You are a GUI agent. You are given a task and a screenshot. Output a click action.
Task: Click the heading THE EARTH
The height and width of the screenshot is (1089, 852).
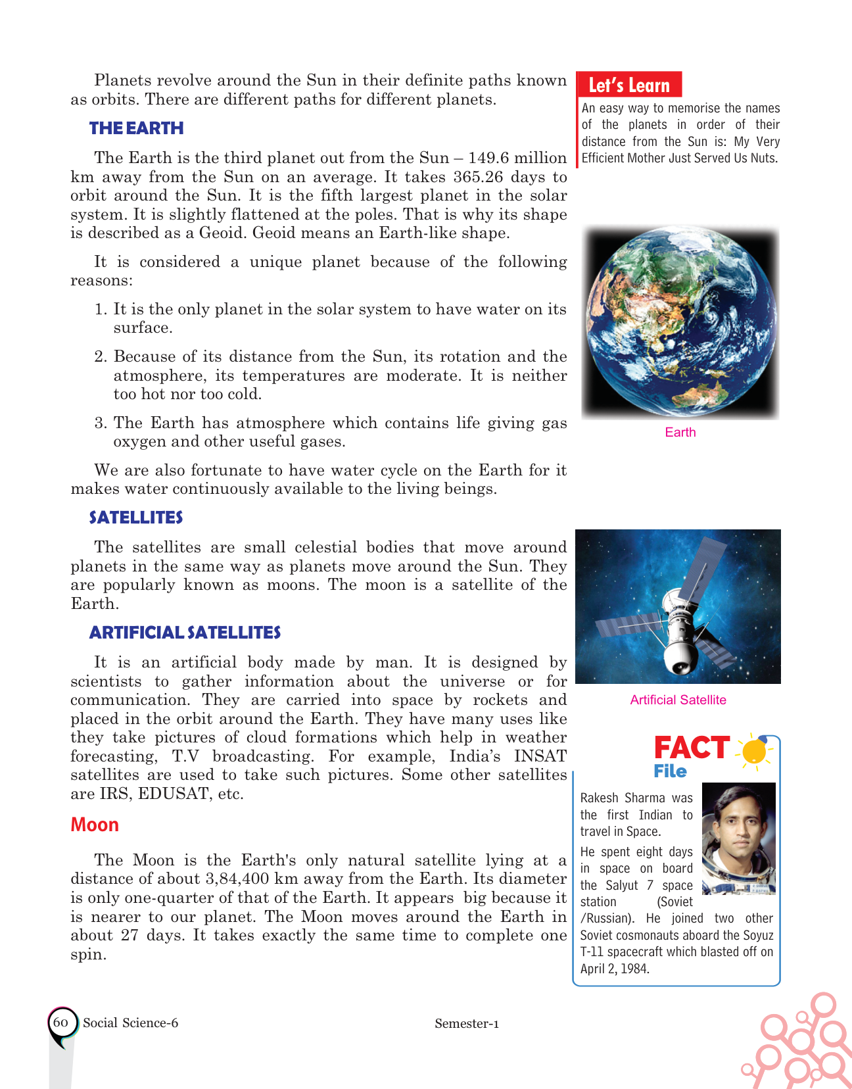pos(136,128)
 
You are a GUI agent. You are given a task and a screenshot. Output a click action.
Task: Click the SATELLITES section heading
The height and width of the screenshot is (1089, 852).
pos(136,518)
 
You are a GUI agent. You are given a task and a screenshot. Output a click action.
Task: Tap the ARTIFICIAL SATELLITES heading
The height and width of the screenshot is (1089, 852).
pos(185,633)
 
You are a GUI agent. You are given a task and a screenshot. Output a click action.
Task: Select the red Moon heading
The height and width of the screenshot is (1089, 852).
pos(95,825)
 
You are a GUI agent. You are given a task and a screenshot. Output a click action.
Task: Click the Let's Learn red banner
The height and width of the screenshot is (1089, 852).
pos(628,85)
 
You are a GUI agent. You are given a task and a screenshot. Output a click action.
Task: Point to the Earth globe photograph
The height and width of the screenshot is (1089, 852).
pos(680,322)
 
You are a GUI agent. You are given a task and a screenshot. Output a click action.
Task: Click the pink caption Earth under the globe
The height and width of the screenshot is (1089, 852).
pos(680,432)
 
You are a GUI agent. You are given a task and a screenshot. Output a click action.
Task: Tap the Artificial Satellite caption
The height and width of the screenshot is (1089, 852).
pos(678,700)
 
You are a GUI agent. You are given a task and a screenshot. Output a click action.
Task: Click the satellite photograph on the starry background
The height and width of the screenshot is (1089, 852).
pos(678,606)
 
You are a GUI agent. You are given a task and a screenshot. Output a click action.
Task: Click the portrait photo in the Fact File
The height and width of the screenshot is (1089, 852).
pos(738,838)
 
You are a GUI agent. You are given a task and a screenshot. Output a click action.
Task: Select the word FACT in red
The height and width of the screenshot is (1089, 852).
pos(692,748)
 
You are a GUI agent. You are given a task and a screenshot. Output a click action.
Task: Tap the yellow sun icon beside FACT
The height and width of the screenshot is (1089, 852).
pos(755,750)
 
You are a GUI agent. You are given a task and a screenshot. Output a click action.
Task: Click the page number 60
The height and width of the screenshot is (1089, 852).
pos(60,1022)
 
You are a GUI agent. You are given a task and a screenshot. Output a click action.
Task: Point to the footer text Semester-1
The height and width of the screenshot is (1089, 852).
pos(466,1023)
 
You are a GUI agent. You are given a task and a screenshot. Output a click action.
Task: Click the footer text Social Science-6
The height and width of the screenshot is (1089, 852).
pos(130,1023)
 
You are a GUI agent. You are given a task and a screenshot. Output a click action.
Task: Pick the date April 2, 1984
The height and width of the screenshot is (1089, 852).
pos(615,969)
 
